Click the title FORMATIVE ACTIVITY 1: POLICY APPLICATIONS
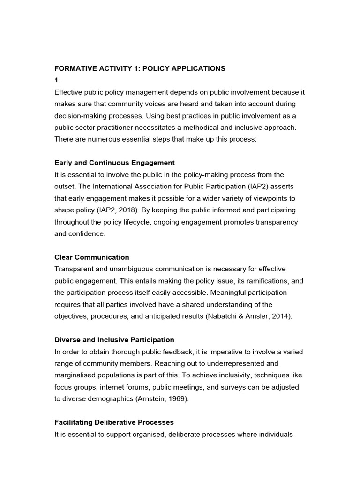(x=140, y=68)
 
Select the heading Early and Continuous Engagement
(x=114, y=163)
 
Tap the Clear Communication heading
(x=91, y=257)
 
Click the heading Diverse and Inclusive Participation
(x=114, y=339)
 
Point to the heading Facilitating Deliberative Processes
(x=114, y=422)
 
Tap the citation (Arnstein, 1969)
(x=160, y=398)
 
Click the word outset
(x=65, y=186)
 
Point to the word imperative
(x=226, y=352)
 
